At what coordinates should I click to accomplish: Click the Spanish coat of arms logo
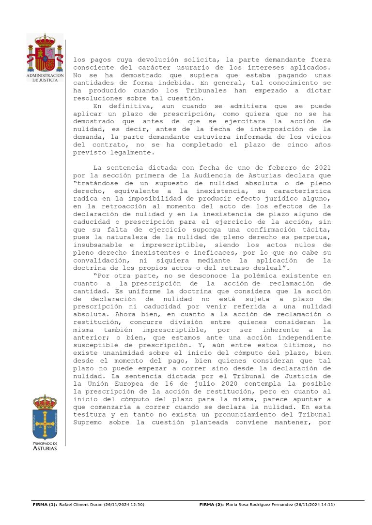[45, 53]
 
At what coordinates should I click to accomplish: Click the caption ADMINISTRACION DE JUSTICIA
[45, 78]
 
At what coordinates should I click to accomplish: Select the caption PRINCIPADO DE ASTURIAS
[45, 446]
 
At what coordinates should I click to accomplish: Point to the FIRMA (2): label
[212, 505]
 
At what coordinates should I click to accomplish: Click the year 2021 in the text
[322, 167]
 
